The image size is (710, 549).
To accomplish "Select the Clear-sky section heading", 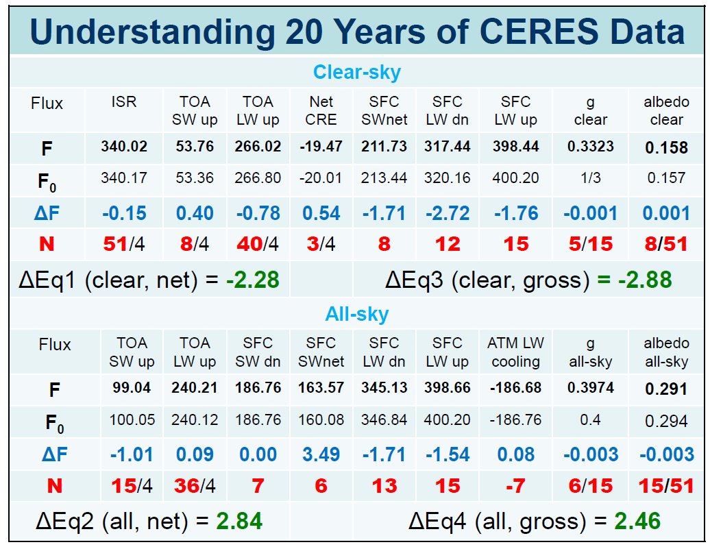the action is click(357, 73).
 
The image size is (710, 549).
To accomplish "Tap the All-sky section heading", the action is click(357, 314).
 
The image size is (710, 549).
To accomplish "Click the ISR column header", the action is click(123, 102).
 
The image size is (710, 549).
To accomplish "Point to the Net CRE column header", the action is click(321, 110).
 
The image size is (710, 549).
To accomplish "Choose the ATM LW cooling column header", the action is click(516, 352).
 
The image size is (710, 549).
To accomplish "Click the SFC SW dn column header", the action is click(258, 352).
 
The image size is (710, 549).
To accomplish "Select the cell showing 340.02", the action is click(124, 146).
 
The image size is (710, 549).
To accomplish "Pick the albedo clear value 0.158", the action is click(667, 147).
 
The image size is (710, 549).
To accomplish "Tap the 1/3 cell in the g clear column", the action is click(591, 178).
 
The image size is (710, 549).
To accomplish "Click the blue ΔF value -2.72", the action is click(448, 213).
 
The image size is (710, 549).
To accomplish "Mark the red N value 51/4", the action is click(124, 244).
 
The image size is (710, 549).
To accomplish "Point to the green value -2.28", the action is click(253, 280).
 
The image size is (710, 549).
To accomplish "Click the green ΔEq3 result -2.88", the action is click(645, 280).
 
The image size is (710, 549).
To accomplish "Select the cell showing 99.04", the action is click(132, 388).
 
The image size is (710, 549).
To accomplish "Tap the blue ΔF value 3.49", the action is click(321, 454).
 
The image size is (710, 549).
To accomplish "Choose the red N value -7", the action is click(515, 486).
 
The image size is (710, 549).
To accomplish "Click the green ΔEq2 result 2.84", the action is click(239, 521).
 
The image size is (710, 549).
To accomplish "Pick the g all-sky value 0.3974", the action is click(591, 388).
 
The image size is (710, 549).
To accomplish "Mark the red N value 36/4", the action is click(195, 486).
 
